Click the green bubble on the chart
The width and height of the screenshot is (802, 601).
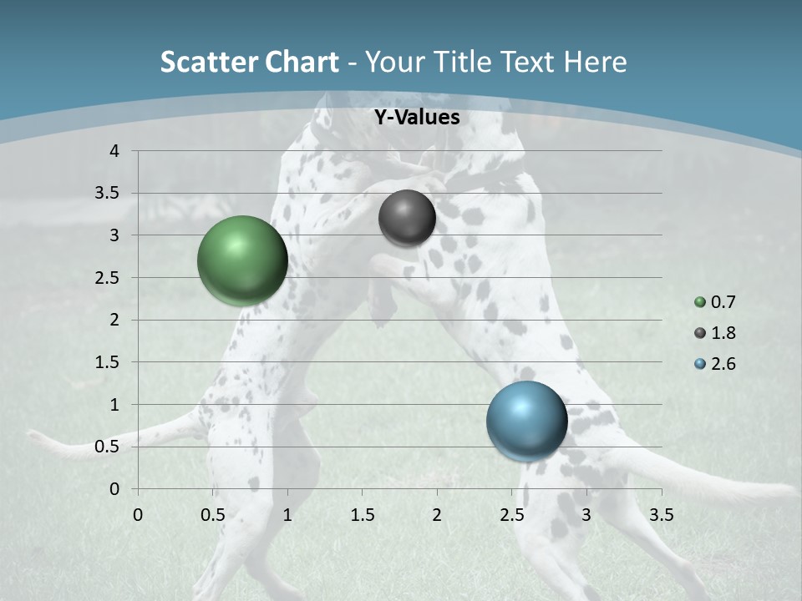[x=242, y=260]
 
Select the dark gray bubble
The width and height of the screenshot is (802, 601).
[x=407, y=218]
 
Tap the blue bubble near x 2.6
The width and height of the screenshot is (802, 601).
[x=526, y=422]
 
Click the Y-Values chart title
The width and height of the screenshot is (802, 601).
[x=417, y=118]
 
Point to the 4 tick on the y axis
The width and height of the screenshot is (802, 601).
[x=115, y=151]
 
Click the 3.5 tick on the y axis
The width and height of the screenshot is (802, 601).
[x=109, y=193]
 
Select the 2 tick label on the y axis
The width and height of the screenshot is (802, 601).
[x=115, y=320]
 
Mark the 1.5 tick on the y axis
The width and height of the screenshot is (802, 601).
[x=109, y=362]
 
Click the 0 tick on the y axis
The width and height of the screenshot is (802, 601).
[x=115, y=489]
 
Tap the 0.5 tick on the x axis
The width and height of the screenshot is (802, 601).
[x=213, y=515]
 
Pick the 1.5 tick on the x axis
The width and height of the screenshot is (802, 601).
[x=363, y=515]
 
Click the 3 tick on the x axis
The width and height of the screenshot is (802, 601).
[x=586, y=515]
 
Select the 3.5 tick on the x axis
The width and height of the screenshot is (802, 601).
[x=661, y=515]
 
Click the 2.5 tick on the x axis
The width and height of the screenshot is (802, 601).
[x=511, y=515]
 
